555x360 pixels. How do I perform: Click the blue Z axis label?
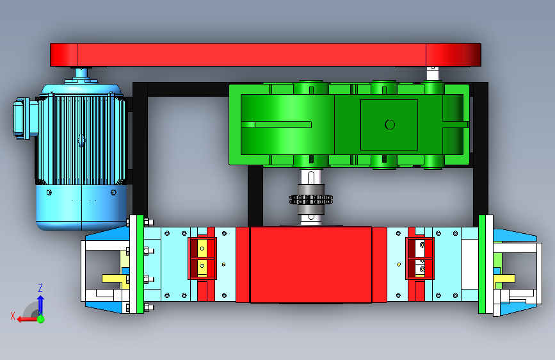click(40, 288)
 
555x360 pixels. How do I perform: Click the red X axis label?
click(13, 316)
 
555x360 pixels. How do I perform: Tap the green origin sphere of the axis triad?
click(41, 319)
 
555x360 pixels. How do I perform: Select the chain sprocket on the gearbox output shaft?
click(310, 200)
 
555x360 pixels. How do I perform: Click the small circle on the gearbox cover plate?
click(390, 125)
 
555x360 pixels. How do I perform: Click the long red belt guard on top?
click(266, 55)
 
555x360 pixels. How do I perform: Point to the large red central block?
click(310, 265)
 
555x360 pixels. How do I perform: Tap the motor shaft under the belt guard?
click(81, 74)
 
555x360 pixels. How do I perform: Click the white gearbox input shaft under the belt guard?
click(433, 74)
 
